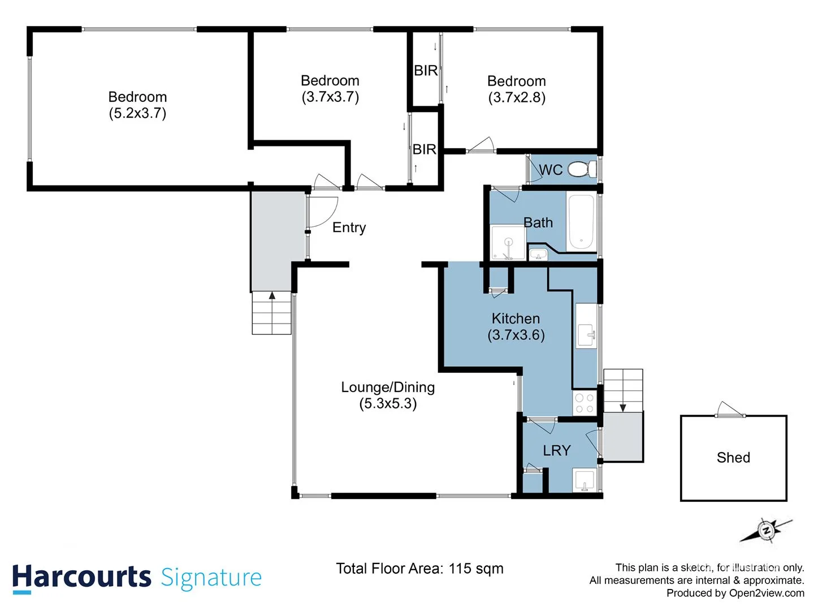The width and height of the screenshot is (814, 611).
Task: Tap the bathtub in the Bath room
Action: click(581, 222)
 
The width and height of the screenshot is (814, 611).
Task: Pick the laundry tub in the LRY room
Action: click(584, 480)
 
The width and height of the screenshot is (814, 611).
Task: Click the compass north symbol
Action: click(767, 531)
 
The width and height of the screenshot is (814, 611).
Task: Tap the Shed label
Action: click(733, 458)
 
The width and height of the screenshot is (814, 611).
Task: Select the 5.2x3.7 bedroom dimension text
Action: click(137, 113)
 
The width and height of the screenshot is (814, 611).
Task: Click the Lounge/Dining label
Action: click(388, 388)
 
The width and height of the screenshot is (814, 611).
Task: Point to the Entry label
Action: click(349, 227)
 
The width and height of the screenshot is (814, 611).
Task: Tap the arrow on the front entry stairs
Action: click(272, 295)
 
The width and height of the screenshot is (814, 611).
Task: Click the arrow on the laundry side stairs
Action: click(623, 407)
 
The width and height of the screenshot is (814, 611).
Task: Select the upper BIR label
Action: click(426, 71)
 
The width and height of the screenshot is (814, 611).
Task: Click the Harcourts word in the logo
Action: click(81, 578)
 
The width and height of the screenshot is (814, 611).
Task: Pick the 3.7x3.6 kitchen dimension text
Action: click(516, 335)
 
